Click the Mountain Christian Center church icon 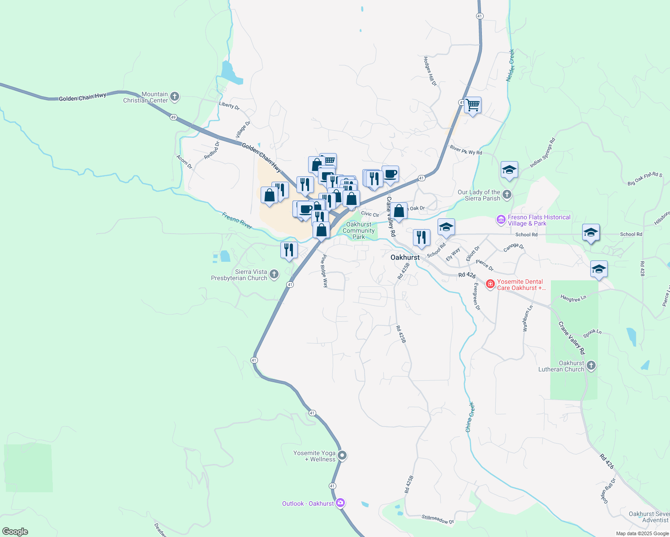pyautogui.click(x=175, y=97)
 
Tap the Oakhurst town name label pyautogui.click(x=405, y=257)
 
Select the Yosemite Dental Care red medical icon pyautogui.click(x=490, y=284)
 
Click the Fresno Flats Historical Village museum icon pyautogui.click(x=501, y=220)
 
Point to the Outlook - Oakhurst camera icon pyautogui.click(x=340, y=503)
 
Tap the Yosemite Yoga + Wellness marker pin pyautogui.click(x=342, y=456)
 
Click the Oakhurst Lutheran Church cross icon pyautogui.click(x=591, y=366)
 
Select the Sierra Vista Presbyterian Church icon pyautogui.click(x=274, y=274)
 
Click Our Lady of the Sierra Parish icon pyautogui.click(x=507, y=195)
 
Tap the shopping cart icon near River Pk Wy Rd pyautogui.click(x=472, y=106)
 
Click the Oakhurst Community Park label pyautogui.click(x=359, y=230)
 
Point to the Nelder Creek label pyautogui.click(x=510, y=65)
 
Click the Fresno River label pyautogui.click(x=237, y=220)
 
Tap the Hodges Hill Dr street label pyautogui.click(x=429, y=71)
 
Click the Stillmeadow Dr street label pyautogui.click(x=438, y=519)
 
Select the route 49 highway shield pyautogui.click(x=173, y=117)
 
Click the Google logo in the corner pyautogui.click(x=15, y=531)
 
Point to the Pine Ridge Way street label pyautogui.click(x=324, y=271)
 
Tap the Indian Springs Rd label pyautogui.click(x=542, y=153)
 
